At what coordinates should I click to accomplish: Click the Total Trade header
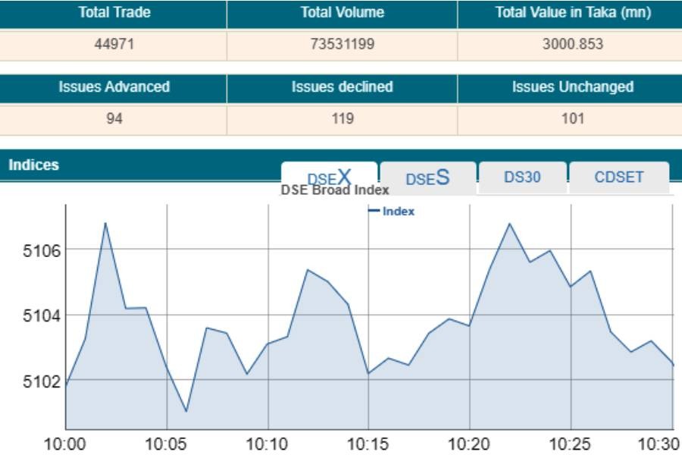114,13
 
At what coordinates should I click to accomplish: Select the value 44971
114,44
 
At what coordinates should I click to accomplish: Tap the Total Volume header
342,13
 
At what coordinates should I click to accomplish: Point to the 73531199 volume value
342,44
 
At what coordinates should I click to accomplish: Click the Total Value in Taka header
572,13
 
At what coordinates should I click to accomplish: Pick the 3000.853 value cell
572,44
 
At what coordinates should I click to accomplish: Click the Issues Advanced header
114,87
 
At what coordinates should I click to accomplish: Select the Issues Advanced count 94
114,118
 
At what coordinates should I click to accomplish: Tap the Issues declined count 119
342,118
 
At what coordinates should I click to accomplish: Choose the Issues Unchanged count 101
572,118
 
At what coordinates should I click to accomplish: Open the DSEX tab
329,177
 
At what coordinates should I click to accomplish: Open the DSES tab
427,177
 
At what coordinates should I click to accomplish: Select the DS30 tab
522,177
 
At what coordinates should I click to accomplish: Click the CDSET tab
619,177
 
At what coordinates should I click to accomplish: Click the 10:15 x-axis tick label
368,443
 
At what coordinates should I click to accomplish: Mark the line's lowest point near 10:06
186,412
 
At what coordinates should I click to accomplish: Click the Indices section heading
33,165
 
